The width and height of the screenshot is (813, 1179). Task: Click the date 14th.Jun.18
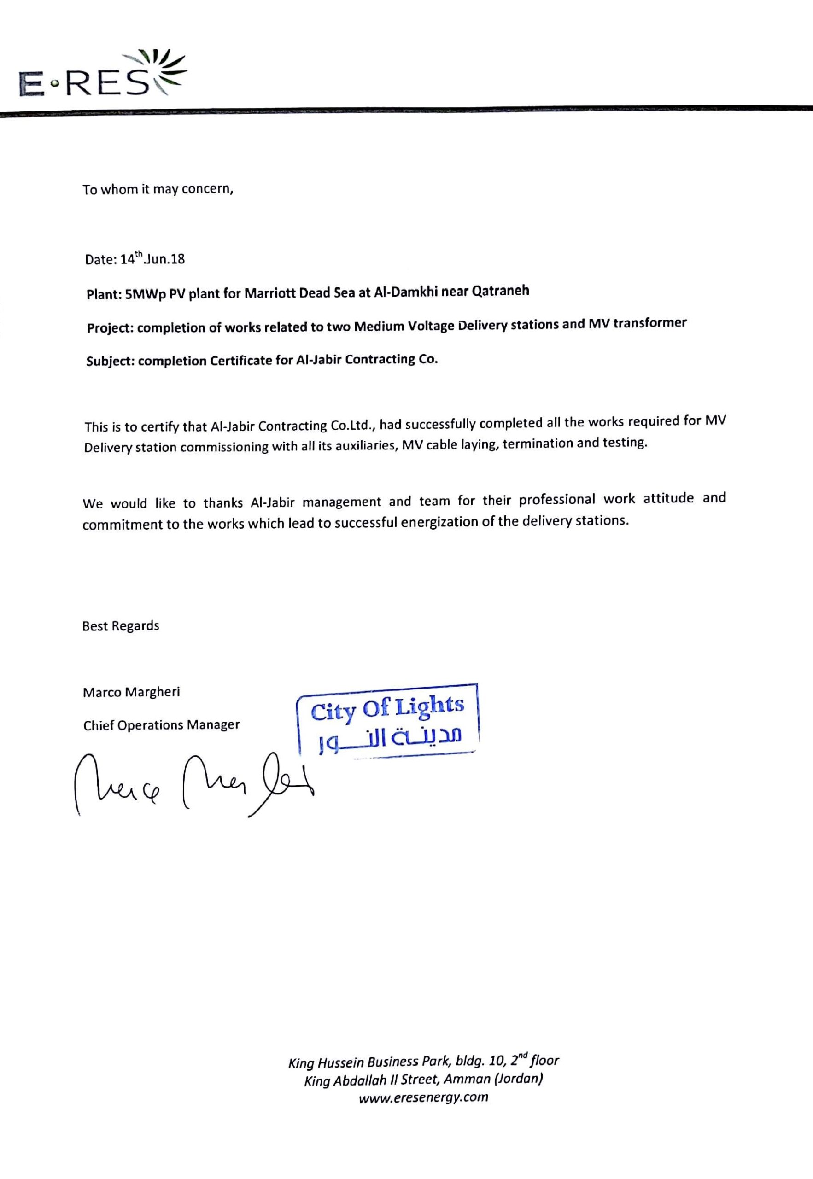pyautogui.click(x=152, y=259)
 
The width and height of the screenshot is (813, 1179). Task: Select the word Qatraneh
pyautogui.click(x=501, y=290)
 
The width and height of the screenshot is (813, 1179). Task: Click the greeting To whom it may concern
pyautogui.click(x=158, y=189)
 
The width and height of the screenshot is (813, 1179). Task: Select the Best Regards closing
pyautogui.click(x=121, y=626)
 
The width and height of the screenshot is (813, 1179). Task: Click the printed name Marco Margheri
pyautogui.click(x=131, y=692)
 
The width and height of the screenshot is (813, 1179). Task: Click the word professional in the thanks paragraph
pyautogui.click(x=557, y=500)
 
